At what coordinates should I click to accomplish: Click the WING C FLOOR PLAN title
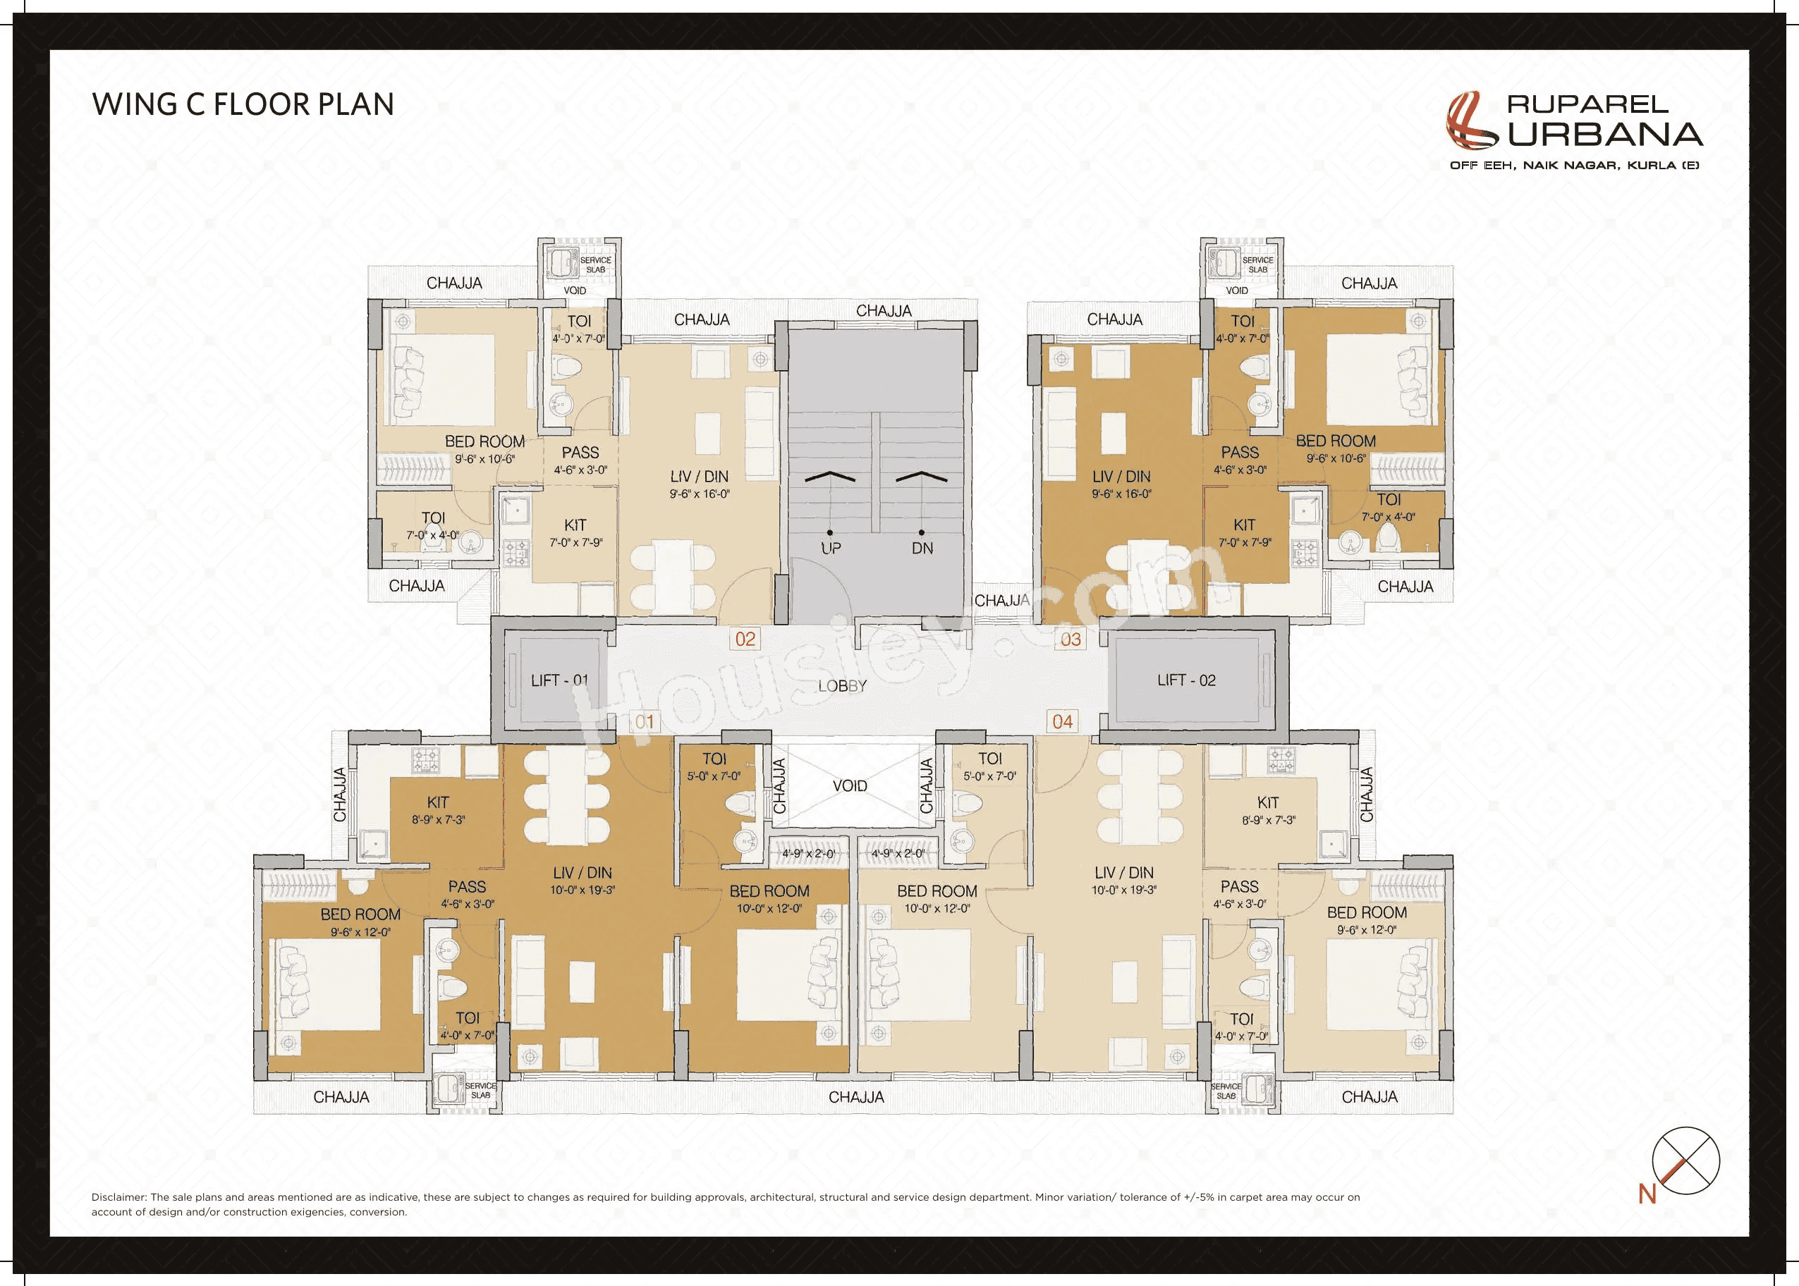coord(243,104)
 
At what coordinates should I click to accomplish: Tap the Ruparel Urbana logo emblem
coord(1471,121)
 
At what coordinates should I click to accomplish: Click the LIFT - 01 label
coord(559,680)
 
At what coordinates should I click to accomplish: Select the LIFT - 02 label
coord(1186,680)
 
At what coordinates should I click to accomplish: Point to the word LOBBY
coord(842,686)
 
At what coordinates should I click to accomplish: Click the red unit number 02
coord(745,639)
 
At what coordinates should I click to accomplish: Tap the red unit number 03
coord(1071,639)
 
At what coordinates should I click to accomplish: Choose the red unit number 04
coord(1062,721)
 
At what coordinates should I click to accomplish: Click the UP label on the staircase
coord(830,548)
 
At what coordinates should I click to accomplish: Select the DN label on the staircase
coord(922,548)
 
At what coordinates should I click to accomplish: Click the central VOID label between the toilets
coord(849,785)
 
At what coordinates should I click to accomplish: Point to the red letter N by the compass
coord(1647,1194)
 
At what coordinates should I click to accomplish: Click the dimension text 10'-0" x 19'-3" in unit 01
coord(583,890)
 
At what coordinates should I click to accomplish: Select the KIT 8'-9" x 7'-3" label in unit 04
coord(1267,811)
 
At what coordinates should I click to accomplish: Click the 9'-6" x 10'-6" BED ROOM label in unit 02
coord(484,449)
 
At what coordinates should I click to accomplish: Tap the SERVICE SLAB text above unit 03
coord(1257,264)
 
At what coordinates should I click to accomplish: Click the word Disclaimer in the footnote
coord(118,1196)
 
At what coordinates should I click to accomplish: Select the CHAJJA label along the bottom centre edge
coord(855,1097)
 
